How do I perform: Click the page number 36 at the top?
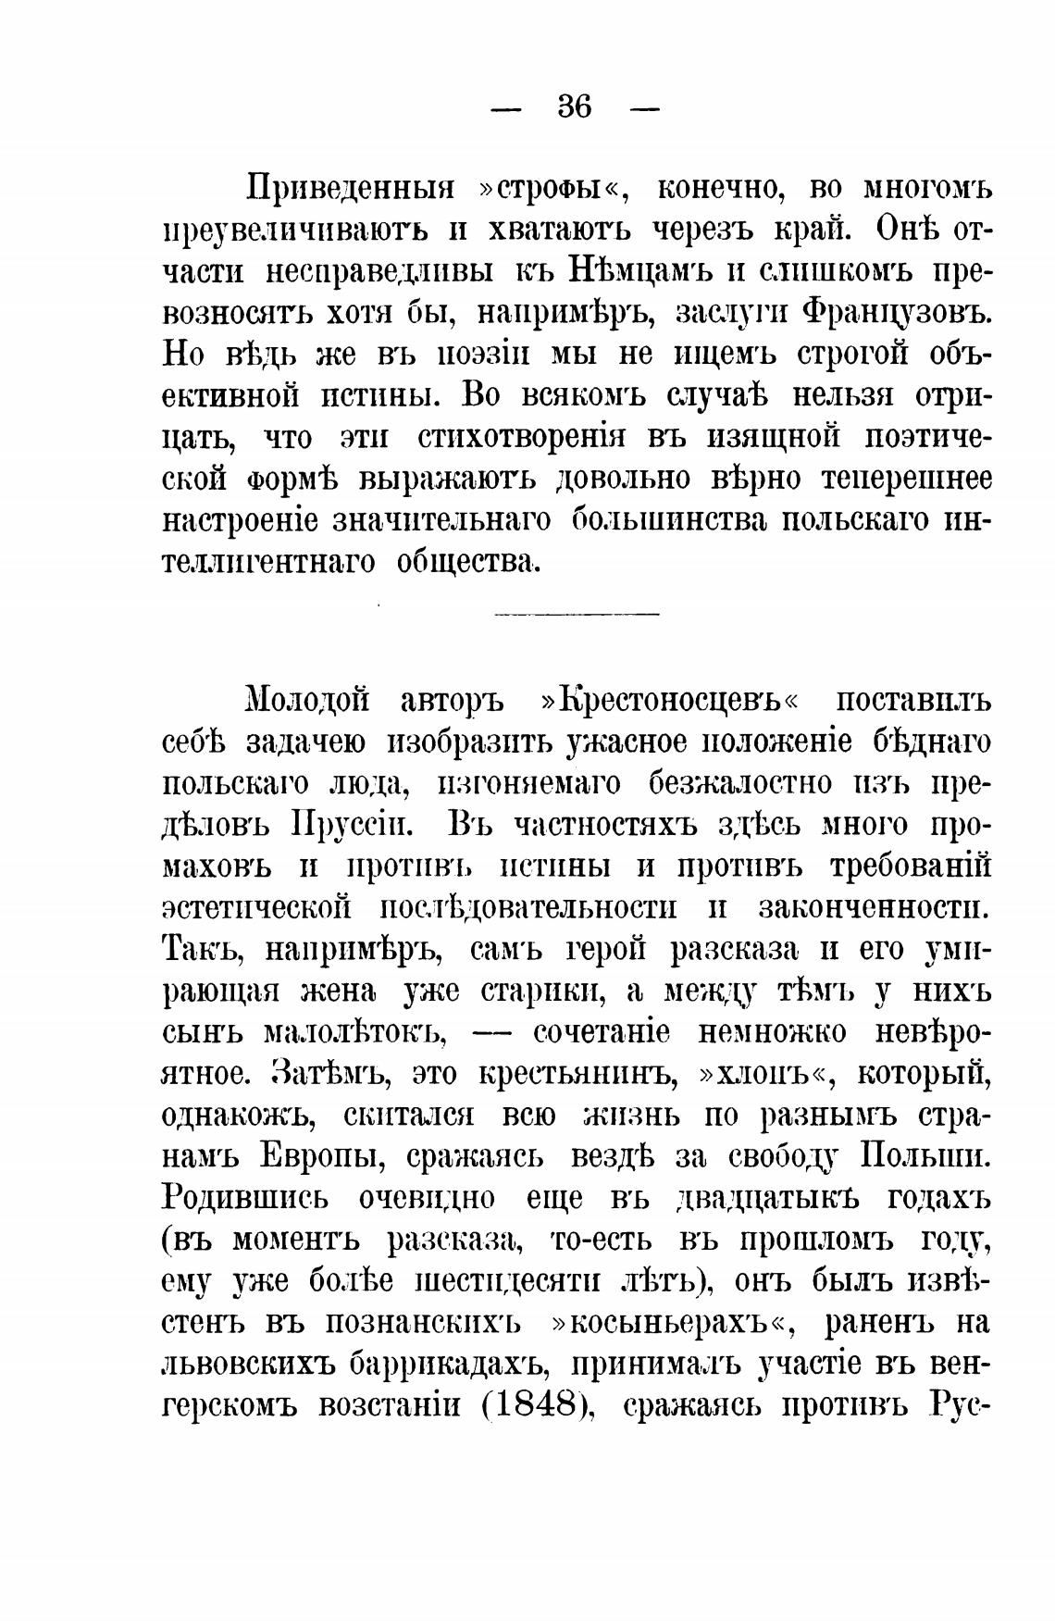pyautogui.click(x=574, y=108)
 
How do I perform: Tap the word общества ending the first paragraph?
pyautogui.click(x=466, y=562)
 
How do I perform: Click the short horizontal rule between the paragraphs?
pyautogui.click(x=577, y=613)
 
